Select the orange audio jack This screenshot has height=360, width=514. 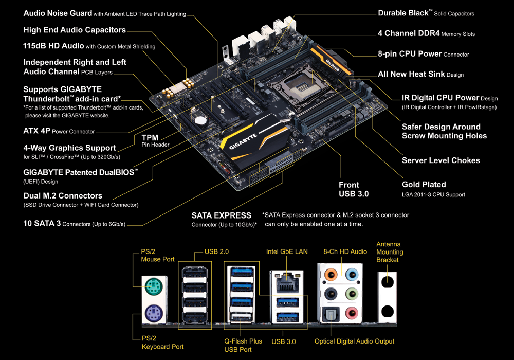pyautogui.click(x=331, y=274)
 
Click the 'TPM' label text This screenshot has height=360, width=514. pyautogui.click(x=150, y=138)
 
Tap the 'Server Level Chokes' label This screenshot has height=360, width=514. pyautogui.click(x=440, y=160)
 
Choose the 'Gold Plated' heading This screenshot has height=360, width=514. pyautogui.click(x=424, y=184)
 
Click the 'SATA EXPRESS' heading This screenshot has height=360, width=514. pyautogui.click(x=221, y=215)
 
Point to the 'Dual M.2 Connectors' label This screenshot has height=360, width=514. pyautogui.click(x=63, y=195)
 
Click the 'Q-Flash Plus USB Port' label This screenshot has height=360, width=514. pyautogui.click(x=243, y=345)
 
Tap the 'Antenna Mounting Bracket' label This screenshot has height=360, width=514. pyautogui.click(x=390, y=252)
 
